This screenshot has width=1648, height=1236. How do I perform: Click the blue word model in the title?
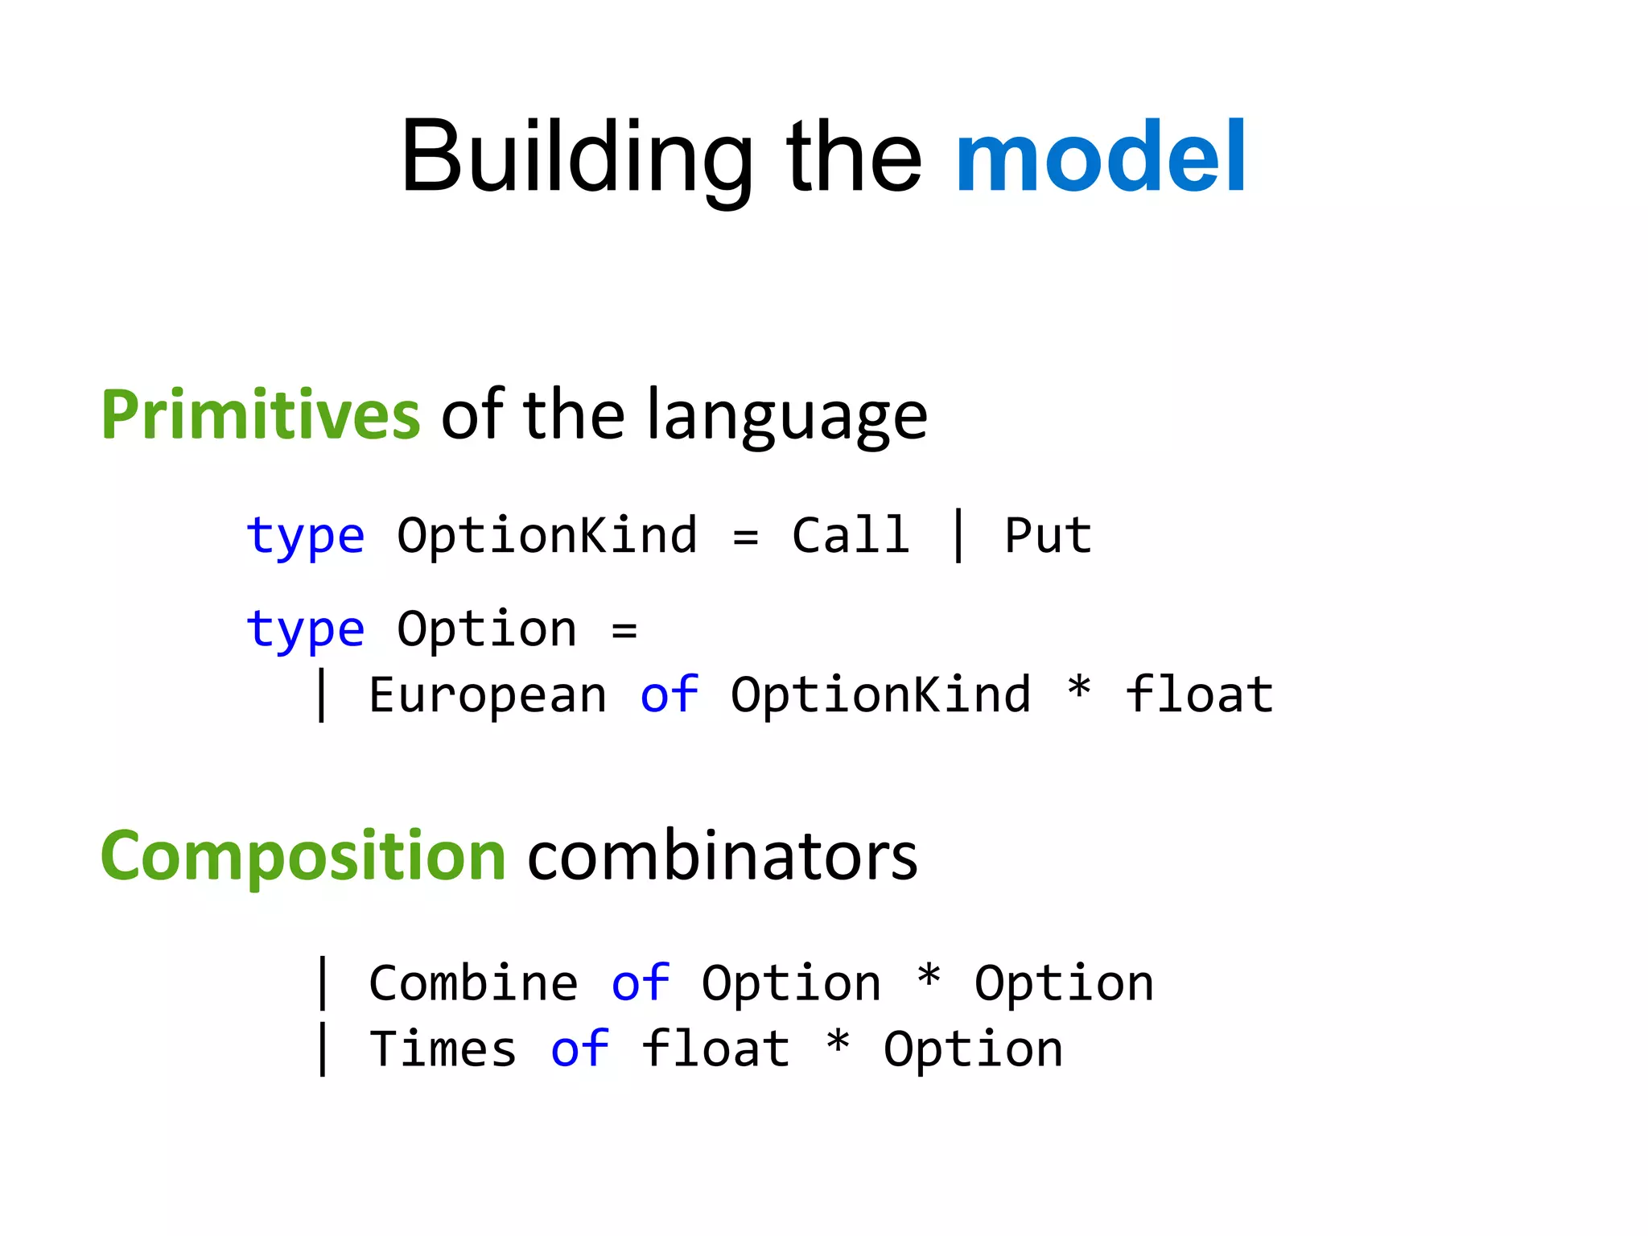tap(1100, 157)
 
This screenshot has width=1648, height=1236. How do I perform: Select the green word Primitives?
tap(260, 415)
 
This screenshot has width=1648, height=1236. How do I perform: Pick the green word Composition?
tap(303, 856)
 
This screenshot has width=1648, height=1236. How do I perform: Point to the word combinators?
tap(722, 856)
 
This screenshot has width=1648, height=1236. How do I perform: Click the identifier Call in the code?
tap(851, 536)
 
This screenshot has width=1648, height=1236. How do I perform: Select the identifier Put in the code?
tap(1048, 536)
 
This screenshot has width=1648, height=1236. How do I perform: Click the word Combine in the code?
tap(473, 983)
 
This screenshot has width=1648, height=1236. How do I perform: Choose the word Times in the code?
tap(443, 1049)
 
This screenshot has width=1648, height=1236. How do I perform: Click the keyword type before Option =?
tap(305, 630)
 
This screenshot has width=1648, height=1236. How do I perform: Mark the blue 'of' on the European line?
tap(669, 695)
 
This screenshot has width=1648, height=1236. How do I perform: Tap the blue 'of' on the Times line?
tap(579, 1049)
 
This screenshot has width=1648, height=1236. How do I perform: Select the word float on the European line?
tap(1199, 695)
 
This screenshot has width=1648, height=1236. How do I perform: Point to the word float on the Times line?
tap(715, 1049)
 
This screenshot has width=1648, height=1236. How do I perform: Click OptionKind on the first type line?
tap(547, 536)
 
